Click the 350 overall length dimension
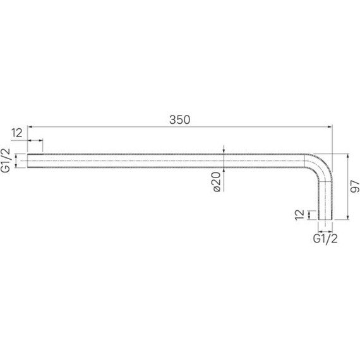[180, 119]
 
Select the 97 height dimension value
[355, 186]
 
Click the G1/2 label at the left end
[6, 160]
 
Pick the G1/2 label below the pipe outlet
[325, 239]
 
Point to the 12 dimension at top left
[17, 133]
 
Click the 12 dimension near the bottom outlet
[299, 215]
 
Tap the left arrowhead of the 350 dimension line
[30, 127]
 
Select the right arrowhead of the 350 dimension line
[330, 127]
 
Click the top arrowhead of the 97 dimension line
[348, 155]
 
